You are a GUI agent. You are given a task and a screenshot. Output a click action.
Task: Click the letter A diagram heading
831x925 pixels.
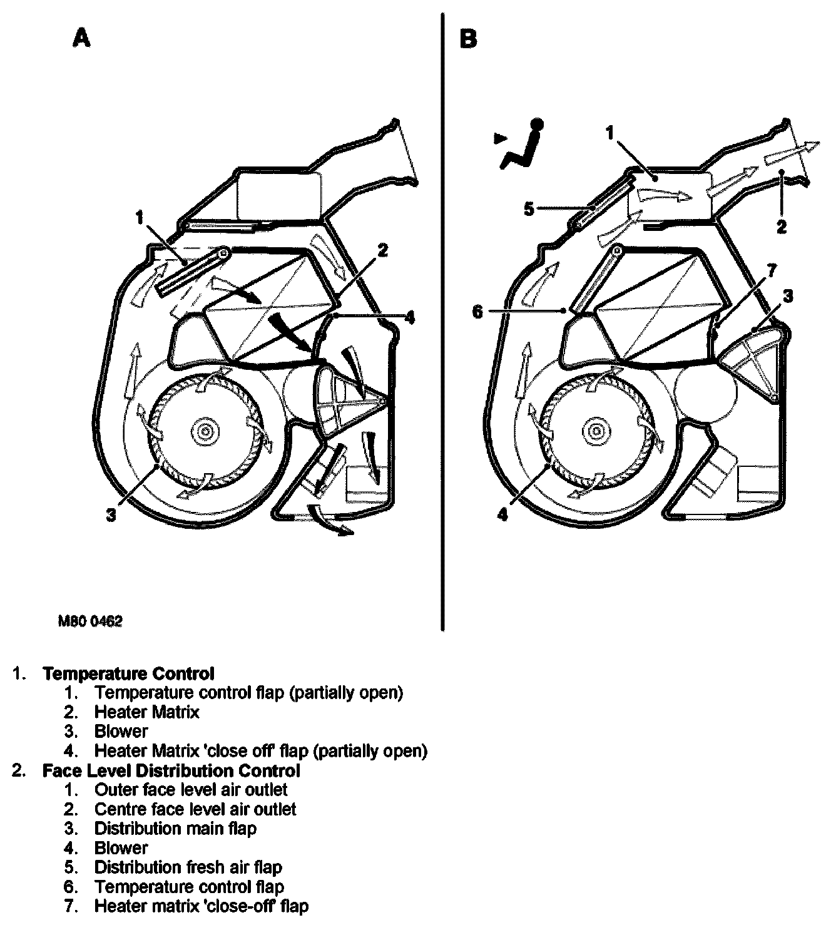(x=81, y=39)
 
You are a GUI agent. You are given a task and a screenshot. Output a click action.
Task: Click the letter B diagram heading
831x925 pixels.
(x=467, y=39)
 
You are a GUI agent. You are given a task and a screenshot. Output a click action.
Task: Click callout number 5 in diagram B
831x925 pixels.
(x=529, y=208)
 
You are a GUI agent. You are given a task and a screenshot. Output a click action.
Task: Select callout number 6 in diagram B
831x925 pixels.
(x=478, y=311)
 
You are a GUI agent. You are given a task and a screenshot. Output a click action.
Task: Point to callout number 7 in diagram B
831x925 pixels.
(x=772, y=270)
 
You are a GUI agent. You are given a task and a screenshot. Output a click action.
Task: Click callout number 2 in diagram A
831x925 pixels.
(x=382, y=250)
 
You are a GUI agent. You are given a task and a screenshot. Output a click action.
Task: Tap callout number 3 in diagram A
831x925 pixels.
(x=111, y=516)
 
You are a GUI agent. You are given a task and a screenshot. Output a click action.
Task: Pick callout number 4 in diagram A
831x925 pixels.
(x=409, y=318)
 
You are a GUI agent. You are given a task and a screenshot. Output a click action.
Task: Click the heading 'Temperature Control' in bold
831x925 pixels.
(x=128, y=673)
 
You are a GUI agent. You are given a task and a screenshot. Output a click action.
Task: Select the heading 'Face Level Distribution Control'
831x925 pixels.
(x=171, y=770)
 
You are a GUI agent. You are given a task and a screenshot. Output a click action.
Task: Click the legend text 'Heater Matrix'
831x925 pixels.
(x=146, y=712)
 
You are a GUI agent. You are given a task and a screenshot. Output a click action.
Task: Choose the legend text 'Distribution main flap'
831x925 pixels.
(x=175, y=829)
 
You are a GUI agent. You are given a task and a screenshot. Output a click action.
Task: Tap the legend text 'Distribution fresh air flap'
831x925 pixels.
(x=188, y=867)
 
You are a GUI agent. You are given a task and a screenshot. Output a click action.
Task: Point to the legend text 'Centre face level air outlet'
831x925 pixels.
(x=195, y=809)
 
